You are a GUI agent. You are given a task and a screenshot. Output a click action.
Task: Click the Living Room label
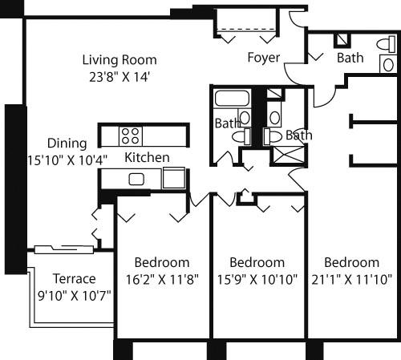[119, 60]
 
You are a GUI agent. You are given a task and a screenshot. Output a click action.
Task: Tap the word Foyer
[263, 57]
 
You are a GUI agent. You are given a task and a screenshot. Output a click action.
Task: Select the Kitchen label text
[147, 158]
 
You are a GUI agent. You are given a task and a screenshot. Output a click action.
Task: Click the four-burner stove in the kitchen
[132, 135]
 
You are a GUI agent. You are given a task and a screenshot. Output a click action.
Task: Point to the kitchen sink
[136, 179]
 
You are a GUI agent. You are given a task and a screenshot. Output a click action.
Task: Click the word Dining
[67, 144]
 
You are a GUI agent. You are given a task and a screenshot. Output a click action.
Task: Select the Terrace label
[74, 279]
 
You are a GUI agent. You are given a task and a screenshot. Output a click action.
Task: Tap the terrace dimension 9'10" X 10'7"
[74, 295]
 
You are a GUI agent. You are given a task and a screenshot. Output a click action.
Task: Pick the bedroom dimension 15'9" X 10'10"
[257, 279]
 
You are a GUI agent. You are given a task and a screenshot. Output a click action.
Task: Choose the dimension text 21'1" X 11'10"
[351, 279]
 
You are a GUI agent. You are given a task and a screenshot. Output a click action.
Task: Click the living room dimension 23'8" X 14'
[119, 77]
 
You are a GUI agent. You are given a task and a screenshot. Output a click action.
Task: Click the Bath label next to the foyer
[350, 58]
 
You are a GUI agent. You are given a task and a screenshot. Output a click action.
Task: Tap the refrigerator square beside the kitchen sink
[173, 178]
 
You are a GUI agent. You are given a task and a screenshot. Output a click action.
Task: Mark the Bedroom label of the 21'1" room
[351, 263]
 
